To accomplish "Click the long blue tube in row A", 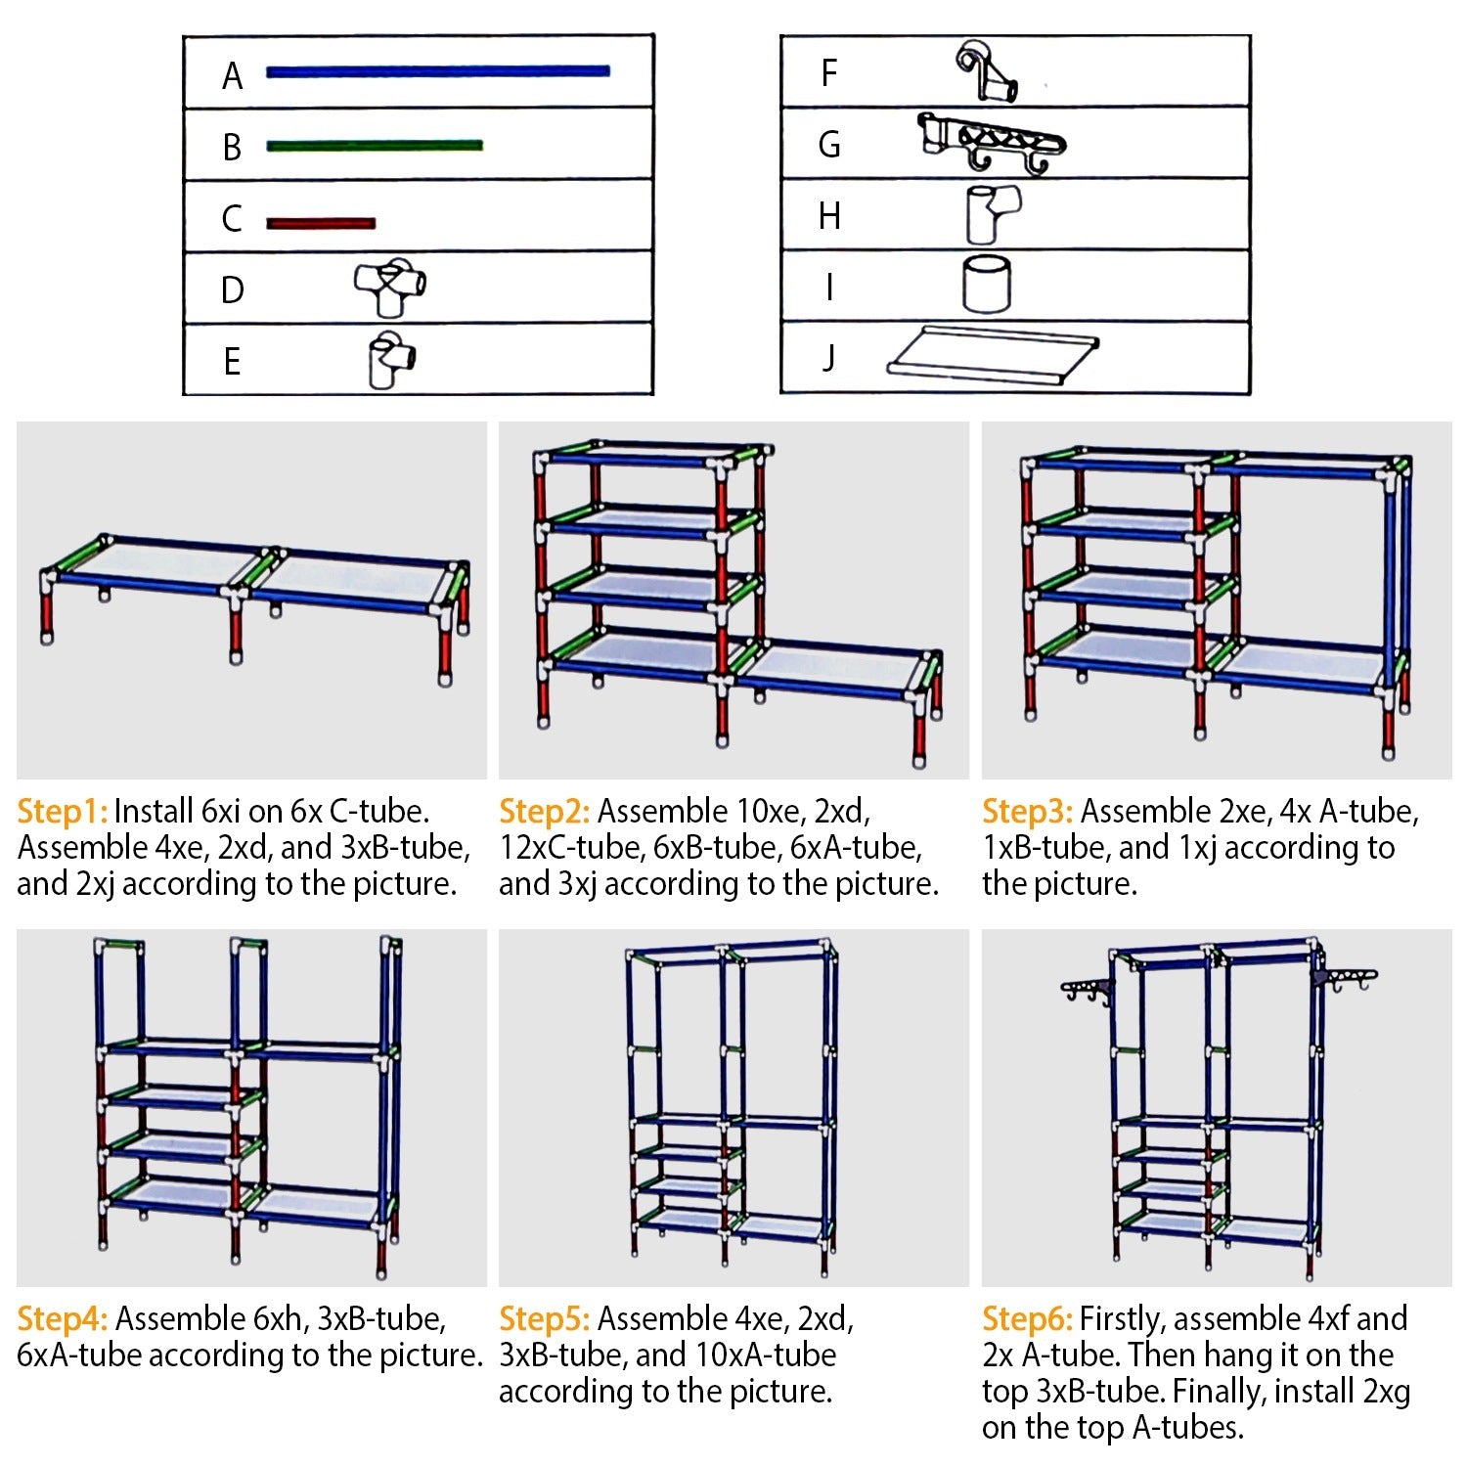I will point(438,70).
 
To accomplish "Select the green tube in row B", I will point(375,146).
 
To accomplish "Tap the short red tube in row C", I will point(321,223).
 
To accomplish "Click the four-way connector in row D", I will point(390,287).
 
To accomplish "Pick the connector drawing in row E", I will point(390,360).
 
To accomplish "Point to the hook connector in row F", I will point(986,71).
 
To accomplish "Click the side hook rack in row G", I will point(992,142).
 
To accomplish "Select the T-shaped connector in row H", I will point(992,214).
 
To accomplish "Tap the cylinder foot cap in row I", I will point(986,285).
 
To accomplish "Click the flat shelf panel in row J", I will point(992,354).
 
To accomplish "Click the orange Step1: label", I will point(62,812).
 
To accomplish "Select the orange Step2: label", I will point(544,812).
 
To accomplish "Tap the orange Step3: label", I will point(1027,812).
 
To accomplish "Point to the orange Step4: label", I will point(62,1319).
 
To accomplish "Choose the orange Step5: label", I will point(544,1319).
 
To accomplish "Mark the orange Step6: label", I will point(1027,1319).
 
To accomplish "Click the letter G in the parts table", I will point(829,145).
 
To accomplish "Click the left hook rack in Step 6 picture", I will point(1087,990).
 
